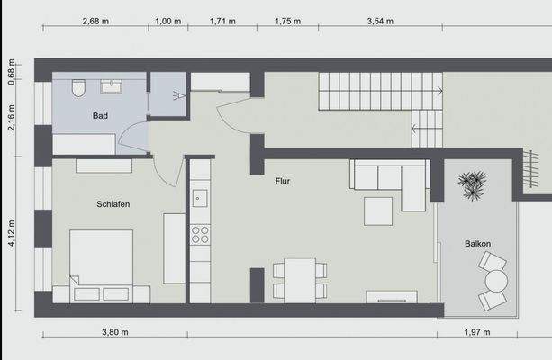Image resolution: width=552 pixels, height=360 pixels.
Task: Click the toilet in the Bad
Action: point(79,87)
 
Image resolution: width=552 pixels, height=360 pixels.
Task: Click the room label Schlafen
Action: point(113,204)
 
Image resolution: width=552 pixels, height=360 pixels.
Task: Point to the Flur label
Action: point(284,182)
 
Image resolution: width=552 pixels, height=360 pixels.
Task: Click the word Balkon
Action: point(477,244)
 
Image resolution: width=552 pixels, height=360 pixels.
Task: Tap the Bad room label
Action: point(100,116)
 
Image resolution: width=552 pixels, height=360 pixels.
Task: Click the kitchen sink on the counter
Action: point(199,198)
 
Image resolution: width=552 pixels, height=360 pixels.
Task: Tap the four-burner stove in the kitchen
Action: point(199,235)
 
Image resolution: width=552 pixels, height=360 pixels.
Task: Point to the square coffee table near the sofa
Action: point(378,211)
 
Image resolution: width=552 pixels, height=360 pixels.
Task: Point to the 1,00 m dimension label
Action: point(165,19)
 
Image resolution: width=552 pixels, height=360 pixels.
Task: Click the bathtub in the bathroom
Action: point(83,144)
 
